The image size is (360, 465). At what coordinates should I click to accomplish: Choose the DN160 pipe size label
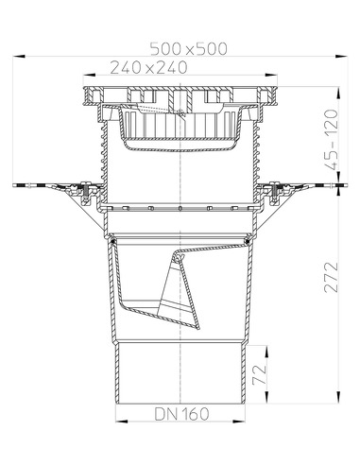click(181, 414)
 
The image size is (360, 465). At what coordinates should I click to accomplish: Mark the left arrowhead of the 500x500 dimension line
click(20, 57)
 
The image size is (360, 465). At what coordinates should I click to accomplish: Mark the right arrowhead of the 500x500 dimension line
click(339, 57)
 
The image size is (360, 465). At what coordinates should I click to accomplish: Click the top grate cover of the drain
click(179, 95)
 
